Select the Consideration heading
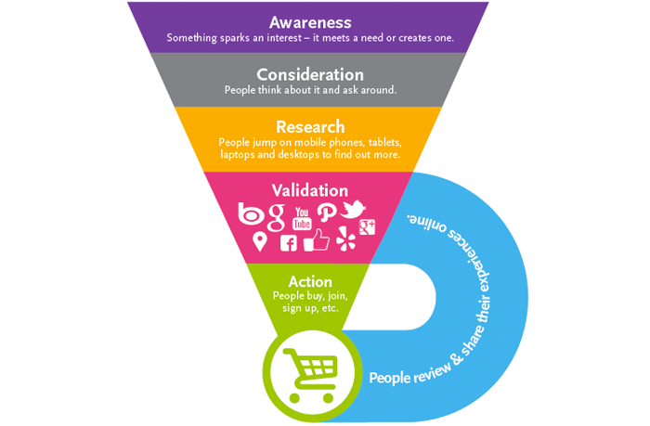(x=309, y=74)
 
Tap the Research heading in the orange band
(x=310, y=126)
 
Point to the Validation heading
(x=309, y=190)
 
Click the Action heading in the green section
(x=310, y=281)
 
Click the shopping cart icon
(x=309, y=371)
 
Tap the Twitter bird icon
(x=354, y=211)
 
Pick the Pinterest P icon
(x=328, y=213)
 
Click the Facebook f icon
(x=289, y=243)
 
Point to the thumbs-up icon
(x=317, y=240)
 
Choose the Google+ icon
(x=368, y=226)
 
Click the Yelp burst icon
(x=345, y=241)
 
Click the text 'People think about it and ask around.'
(x=310, y=90)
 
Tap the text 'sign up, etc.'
(x=310, y=307)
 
